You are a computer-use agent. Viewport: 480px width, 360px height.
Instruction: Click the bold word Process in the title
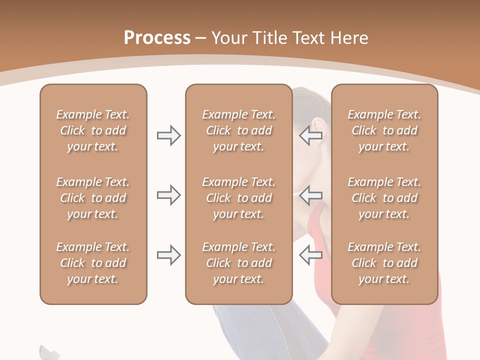pyautogui.click(x=157, y=38)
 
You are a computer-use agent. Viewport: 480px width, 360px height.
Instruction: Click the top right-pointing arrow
pyautogui.click(x=168, y=135)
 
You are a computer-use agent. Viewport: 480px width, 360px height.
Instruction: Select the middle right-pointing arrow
pyautogui.click(x=168, y=195)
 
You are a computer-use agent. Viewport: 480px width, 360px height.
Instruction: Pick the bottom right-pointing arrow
pyautogui.click(x=168, y=255)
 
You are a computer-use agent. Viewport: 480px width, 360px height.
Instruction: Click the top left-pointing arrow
pyautogui.click(x=310, y=135)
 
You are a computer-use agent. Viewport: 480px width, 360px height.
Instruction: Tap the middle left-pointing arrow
pyautogui.click(x=310, y=195)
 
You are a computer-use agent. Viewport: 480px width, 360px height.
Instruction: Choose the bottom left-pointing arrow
pyautogui.click(x=310, y=255)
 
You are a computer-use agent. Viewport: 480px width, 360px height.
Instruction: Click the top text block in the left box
pyautogui.click(x=93, y=130)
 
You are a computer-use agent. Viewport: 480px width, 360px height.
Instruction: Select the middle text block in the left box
pyautogui.click(x=93, y=198)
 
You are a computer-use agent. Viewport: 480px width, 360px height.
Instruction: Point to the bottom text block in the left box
pyautogui.click(x=93, y=263)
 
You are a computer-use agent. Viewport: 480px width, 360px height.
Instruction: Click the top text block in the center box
pyautogui.click(x=238, y=130)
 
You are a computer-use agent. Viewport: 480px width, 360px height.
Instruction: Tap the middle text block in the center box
pyautogui.click(x=238, y=198)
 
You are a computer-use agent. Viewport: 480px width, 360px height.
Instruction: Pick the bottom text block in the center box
pyautogui.click(x=238, y=263)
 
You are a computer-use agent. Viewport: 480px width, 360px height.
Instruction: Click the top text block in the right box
pyautogui.click(x=384, y=130)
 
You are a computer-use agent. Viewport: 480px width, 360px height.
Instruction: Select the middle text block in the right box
pyautogui.click(x=384, y=198)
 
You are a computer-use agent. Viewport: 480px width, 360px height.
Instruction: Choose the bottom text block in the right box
pyautogui.click(x=384, y=263)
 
